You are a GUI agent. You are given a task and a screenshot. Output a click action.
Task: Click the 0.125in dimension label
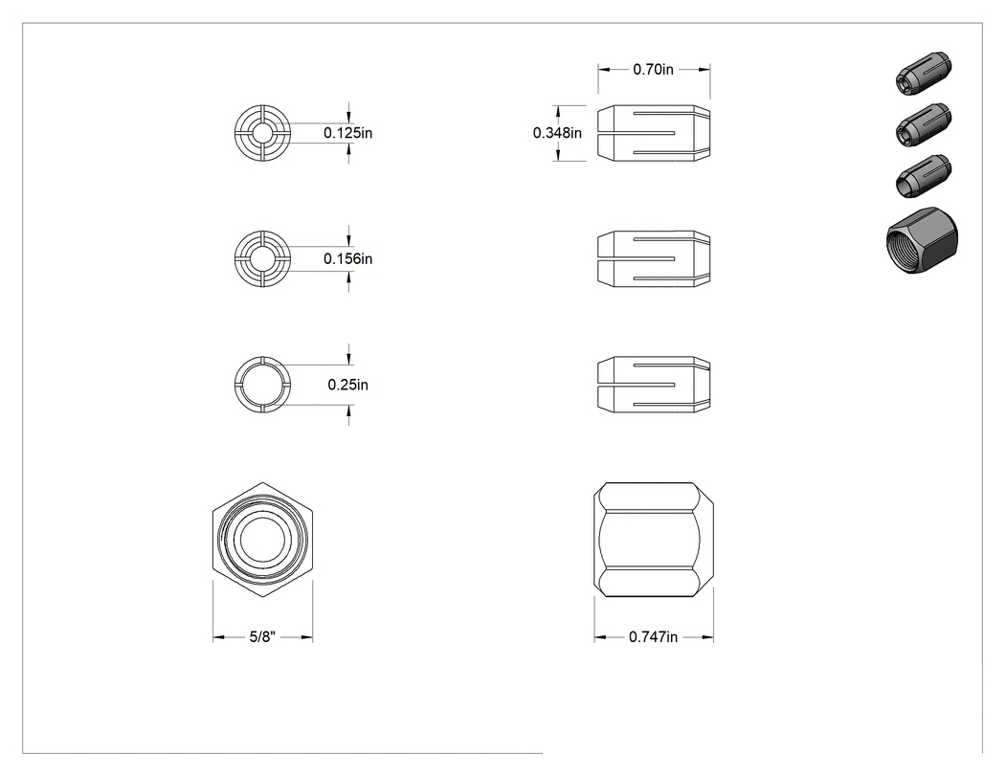click(347, 133)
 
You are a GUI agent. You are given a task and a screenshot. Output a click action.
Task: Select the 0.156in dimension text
click(347, 259)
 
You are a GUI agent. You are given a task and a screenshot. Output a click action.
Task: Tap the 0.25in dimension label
click(348, 385)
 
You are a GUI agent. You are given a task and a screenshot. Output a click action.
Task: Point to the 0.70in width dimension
click(653, 69)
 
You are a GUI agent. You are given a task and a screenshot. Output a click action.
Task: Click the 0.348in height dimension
click(557, 133)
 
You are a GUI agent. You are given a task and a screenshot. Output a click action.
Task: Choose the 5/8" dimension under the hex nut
click(262, 637)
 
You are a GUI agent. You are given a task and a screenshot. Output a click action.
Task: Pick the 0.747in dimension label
click(653, 637)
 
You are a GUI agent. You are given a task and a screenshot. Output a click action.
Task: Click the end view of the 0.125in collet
click(262, 133)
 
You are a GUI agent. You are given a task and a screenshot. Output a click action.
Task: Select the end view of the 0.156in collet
click(262, 259)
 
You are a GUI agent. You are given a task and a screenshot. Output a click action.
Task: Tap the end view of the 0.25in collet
click(262, 385)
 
